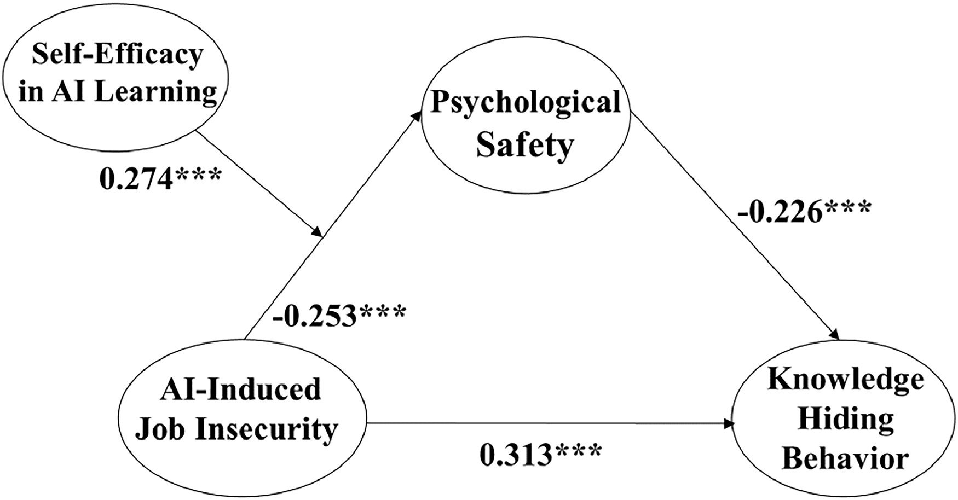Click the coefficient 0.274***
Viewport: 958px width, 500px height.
click(160, 178)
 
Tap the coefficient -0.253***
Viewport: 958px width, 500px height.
click(339, 315)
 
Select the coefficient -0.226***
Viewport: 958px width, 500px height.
click(803, 211)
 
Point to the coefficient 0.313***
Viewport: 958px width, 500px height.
click(540, 455)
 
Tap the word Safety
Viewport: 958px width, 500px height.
click(524, 146)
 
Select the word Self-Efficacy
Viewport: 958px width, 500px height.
click(117, 55)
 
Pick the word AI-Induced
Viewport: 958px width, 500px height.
click(241, 389)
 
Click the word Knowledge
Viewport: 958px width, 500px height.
click(845, 380)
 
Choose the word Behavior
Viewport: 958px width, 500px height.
click(845, 458)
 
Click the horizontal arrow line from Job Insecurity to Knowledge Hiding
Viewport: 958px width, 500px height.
click(547, 423)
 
